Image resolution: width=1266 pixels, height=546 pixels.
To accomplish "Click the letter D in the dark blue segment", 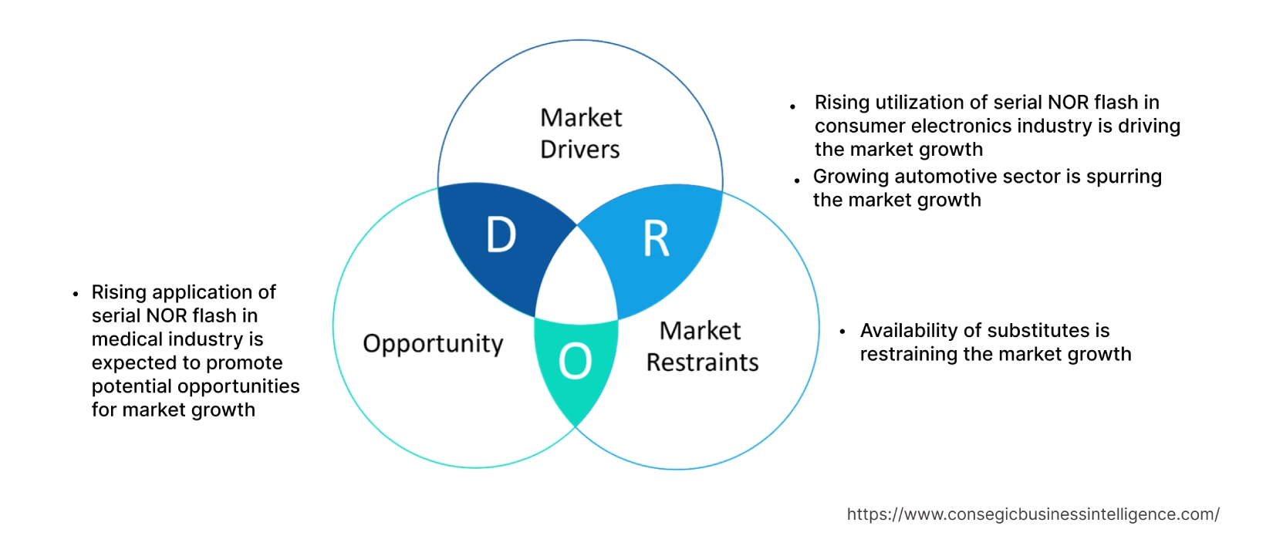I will coord(501,235).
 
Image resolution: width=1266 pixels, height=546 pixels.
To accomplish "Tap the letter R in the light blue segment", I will coord(657,239).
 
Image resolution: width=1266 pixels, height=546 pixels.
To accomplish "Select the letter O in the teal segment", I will coord(576,361).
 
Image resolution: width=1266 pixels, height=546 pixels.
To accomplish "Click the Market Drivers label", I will coord(580,133).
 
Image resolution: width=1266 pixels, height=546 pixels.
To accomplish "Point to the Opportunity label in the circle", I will coord(433,344).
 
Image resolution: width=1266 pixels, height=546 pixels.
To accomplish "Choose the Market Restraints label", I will coord(702,346).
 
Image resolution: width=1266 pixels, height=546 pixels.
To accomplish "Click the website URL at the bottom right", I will coord(1033,514).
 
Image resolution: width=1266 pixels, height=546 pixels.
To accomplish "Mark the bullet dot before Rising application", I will coord(76,294).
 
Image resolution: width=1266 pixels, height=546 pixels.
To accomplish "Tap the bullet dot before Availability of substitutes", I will coord(842,332).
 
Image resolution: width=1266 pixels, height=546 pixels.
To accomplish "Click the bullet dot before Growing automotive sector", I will coord(797,180).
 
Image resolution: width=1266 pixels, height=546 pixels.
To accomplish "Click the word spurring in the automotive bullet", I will coord(1123,177).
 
